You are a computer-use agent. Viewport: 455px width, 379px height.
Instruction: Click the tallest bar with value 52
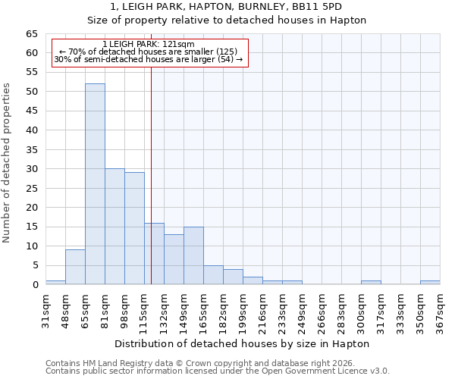(95, 184)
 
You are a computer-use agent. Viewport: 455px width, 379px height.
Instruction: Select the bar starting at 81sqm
(115, 227)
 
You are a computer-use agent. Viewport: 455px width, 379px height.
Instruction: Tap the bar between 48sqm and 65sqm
(75, 267)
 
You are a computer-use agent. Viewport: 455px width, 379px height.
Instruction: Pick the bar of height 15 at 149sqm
(193, 255)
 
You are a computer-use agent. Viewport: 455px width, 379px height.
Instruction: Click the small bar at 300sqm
(371, 282)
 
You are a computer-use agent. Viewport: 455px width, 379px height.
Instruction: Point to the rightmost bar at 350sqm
(430, 282)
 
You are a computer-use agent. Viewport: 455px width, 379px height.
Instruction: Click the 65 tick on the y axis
(32, 34)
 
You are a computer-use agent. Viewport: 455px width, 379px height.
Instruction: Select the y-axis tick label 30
(32, 169)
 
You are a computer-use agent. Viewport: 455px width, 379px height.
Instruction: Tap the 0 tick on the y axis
(35, 285)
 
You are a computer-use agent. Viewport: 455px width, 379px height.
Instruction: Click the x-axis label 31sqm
(46, 309)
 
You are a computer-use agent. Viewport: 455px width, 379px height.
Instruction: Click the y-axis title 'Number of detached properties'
(8, 163)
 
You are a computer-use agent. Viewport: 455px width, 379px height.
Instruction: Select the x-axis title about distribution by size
(243, 343)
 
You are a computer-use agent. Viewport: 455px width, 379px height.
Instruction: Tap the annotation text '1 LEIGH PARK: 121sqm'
(149, 44)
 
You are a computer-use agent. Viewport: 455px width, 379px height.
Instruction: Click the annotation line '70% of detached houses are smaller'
(149, 52)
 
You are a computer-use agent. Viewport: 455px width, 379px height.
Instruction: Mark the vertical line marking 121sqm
(151, 189)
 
